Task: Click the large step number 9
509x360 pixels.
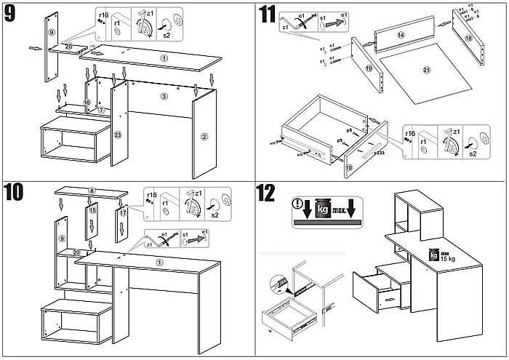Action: point(12,14)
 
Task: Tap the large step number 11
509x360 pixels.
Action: point(268,14)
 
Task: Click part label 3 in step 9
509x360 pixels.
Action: point(164,96)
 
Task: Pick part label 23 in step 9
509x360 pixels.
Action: point(118,135)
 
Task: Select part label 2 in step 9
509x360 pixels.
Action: point(204,136)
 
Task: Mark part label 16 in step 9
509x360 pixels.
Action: point(87,103)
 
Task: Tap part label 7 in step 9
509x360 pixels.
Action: point(102,111)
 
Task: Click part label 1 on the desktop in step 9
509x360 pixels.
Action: point(164,58)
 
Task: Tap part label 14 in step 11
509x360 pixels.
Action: point(400,35)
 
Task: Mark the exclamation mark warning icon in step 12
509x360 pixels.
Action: point(297,204)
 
